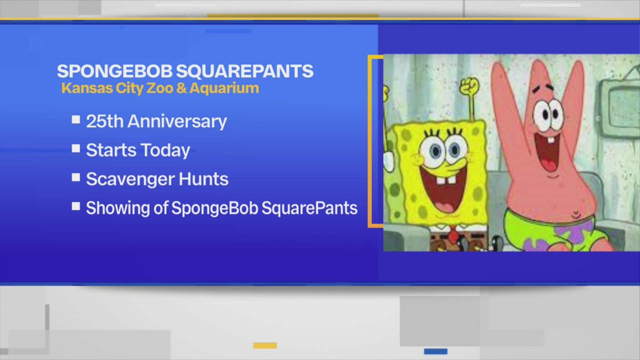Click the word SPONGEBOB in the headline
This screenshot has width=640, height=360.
coord(115,71)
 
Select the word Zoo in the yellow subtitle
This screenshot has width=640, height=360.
coord(160,88)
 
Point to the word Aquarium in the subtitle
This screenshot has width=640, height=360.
coord(224,88)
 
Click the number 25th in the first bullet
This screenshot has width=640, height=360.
coord(105,121)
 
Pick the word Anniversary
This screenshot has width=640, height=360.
coord(177,122)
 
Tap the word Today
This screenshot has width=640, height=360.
coord(165,151)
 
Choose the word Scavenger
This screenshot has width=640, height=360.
coord(130,180)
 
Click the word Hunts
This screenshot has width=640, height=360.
coord(203,179)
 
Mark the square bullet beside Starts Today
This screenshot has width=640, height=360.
coord(76,148)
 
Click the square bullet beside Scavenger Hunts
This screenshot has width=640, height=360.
coord(76,177)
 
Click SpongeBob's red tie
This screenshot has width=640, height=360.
coord(453,235)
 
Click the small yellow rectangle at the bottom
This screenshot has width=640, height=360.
coord(265,345)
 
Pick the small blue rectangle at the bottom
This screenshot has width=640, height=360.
coord(436,351)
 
